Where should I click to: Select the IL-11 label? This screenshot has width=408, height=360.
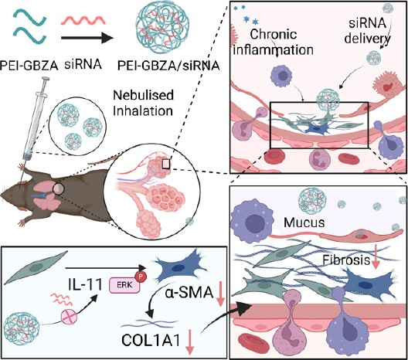coord(85,285)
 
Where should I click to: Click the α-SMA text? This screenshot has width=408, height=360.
coord(189,293)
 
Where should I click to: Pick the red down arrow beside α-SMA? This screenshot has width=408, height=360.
coord(220,294)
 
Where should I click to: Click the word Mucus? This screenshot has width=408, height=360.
coord(304,222)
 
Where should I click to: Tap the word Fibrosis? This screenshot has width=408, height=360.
coord(346,260)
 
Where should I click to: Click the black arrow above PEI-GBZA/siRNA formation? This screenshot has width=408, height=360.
coord(87,38)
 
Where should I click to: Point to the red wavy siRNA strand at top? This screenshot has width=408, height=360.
coord(83,20)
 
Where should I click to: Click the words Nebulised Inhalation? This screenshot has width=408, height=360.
coord(143,103)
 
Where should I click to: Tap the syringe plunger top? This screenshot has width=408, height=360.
coord(46,78)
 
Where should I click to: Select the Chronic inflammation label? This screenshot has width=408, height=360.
coord(274,42)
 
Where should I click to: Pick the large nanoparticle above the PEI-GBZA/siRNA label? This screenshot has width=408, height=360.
coord(163,29)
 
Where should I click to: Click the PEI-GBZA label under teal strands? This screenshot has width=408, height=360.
coord(29,66)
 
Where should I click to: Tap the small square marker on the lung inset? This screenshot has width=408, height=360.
coord(166,164)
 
